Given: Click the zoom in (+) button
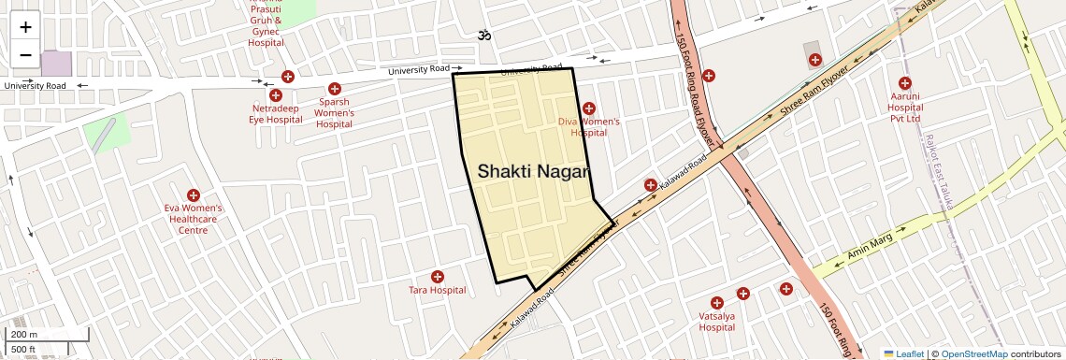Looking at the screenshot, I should click(x=25, y=26).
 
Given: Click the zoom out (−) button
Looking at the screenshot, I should click(x=25, y=54).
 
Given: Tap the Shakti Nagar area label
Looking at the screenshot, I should click(x=533, y=172).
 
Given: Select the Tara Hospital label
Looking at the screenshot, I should click(x=437, y=290).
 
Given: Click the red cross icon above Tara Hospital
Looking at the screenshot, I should click(x=437, y=277).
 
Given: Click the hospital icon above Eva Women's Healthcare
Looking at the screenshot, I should click(x=193, y=195).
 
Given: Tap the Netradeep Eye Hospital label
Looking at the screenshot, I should click(x=276, y=113).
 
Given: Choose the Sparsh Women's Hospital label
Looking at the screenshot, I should click(x=334, y=113).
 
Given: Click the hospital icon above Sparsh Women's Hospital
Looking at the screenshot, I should click(x=334, y=89).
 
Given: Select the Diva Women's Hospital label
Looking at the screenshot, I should click(x=589, y=126).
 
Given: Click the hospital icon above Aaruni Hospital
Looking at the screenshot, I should click(x=904, y=83).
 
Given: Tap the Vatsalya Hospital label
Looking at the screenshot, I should click(x=716, y=322).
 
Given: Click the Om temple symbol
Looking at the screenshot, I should click(x=484, y=36).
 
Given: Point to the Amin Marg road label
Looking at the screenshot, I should click(x=869, y=247).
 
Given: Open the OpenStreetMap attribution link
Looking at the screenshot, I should click(x=973, y=353).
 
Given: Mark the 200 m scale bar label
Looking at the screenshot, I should click(x=24, y=335).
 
